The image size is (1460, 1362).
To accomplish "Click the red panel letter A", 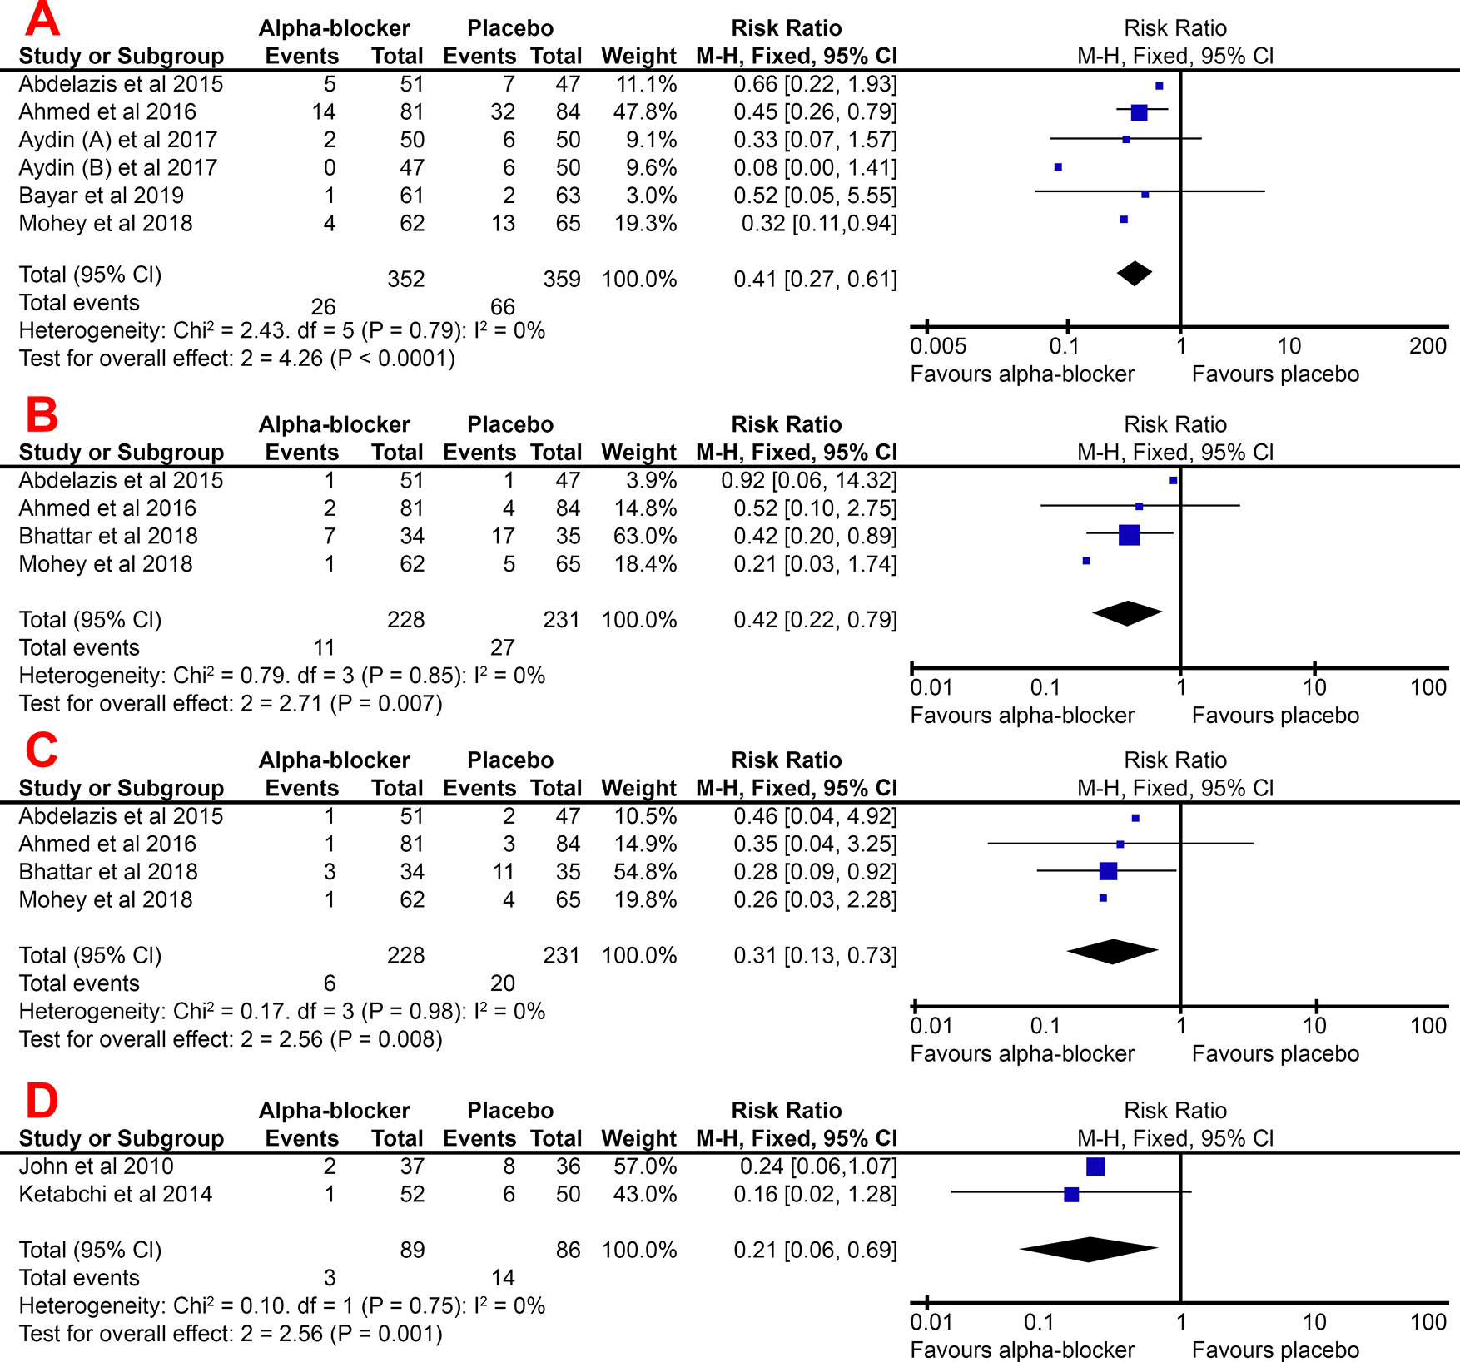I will (x=42, y=20).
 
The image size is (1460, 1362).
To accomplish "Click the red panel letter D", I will (x=42, y=1100).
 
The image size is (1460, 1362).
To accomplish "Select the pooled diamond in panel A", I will (x=1135, y=273).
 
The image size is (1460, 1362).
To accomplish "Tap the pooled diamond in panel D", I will (x=1089, y=1249).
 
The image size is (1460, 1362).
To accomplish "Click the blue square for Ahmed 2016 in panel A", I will (x=1139, y=112).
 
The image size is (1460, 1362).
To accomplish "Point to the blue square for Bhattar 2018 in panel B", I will (x=1129, y=535).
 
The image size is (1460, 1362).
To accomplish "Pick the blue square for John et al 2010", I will (x=1095, y=1166).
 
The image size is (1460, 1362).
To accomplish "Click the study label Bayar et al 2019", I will (x=101, y=196).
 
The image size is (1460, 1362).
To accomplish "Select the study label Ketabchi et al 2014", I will (x=116, y=1194).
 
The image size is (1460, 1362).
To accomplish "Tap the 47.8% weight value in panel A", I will (x=645, y=112).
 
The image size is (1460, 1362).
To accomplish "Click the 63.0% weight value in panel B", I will (x=645, y=536).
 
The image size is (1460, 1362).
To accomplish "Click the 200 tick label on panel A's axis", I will (x=1428, y=346).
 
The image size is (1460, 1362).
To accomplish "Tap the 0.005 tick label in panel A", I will (x=938, y=346).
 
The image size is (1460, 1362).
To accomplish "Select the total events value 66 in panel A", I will (x=502, y=306).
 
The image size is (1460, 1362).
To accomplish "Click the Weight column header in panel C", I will (x=639, y=788).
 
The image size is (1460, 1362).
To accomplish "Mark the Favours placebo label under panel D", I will (x=1275, y=1350).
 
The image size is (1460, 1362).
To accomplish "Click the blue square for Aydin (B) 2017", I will (x=1058, y=167).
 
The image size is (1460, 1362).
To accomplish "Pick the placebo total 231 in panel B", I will (x=561, y=620).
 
